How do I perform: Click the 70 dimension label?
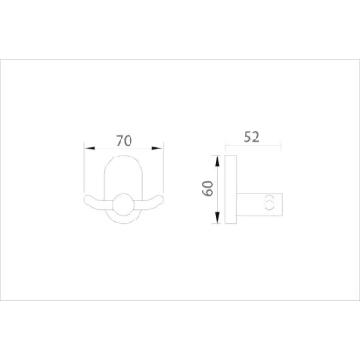tap(124, 140)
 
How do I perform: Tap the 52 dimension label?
tap(251, 138)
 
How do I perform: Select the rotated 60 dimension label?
tap(208, 188)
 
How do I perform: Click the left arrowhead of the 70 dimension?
tap(90, 148)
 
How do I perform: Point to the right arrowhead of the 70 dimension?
tap(157, 148)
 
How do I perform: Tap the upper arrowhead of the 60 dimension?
tap(217, 160)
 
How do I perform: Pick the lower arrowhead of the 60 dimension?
tap(217, 218)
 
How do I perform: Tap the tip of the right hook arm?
tap(162, 200)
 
